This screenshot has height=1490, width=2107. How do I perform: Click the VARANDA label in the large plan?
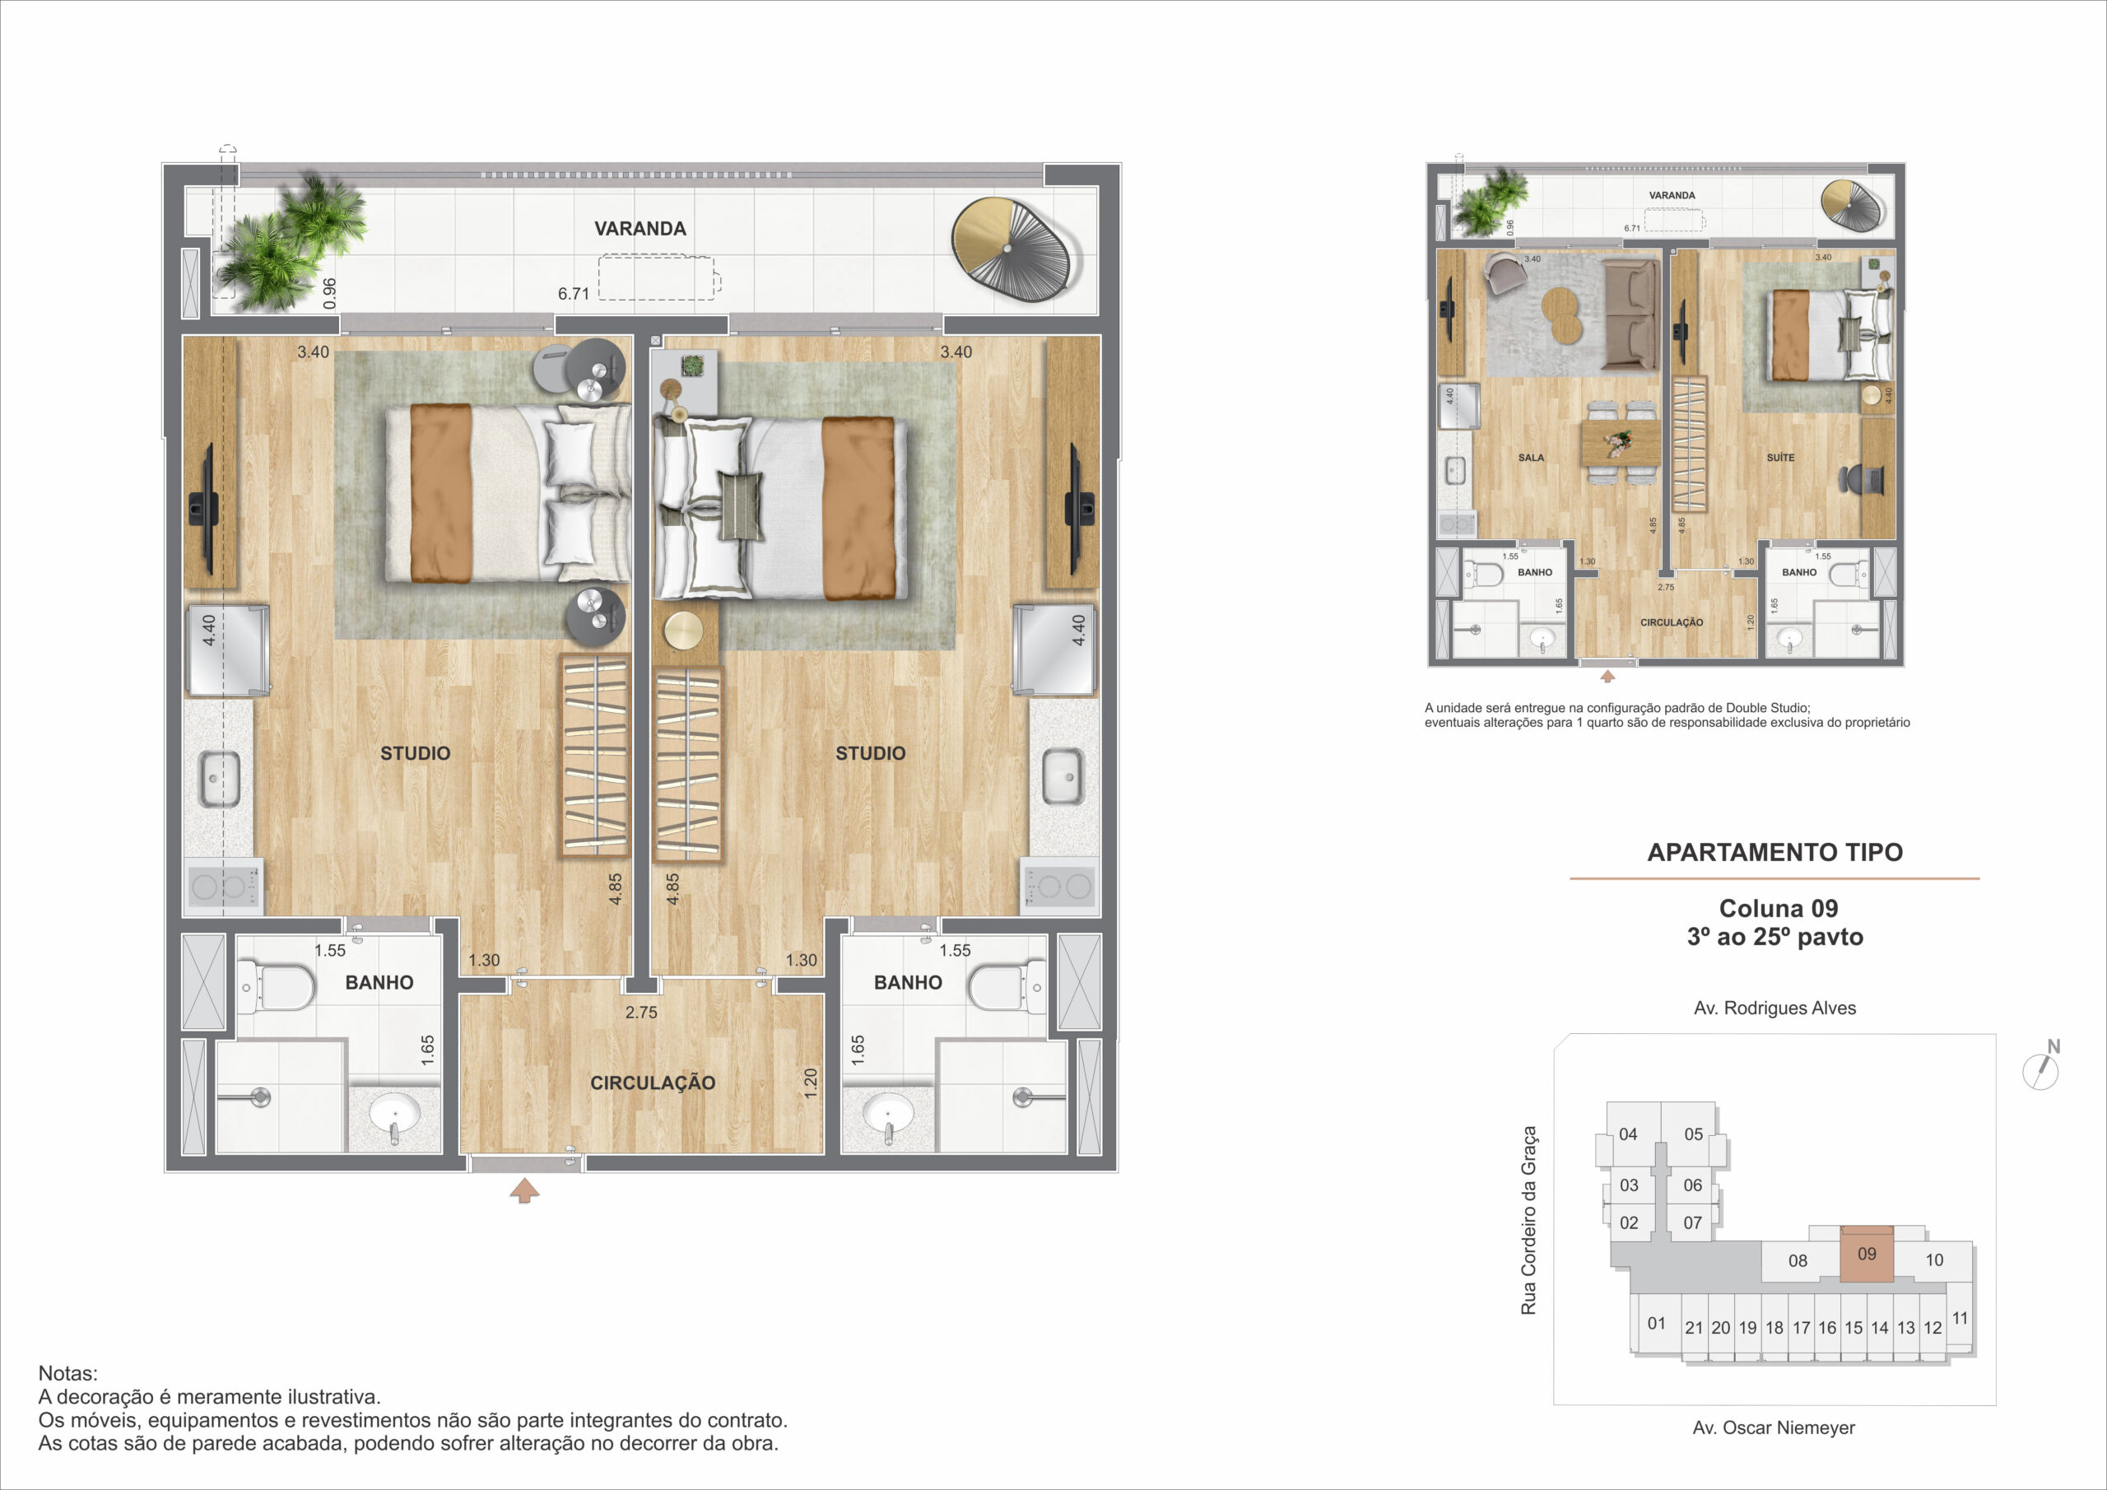[640, 229]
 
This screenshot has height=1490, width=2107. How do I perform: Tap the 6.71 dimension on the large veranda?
[574, 294]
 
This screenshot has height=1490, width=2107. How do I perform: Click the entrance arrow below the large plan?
[524, 1190]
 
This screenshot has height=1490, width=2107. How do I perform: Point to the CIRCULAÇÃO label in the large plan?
[653, 1083]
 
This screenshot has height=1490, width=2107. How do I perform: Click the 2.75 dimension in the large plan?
[641, 1013]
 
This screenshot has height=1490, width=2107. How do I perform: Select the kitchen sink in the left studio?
[219, 780]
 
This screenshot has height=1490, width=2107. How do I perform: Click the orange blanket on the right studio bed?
[858, 508]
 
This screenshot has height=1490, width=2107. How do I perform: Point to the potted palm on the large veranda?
[286, 241]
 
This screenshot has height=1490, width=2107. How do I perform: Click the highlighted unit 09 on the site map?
[1867, 1253]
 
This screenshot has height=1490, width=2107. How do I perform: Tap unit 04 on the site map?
[1628, 1134]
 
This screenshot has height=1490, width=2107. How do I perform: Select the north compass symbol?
[2041, 1067]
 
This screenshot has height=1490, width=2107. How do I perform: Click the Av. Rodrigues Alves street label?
[1774, 1008]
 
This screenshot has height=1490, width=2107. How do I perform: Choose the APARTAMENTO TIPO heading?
[1774, 852]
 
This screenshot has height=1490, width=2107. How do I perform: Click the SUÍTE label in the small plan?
[1780, 457]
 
